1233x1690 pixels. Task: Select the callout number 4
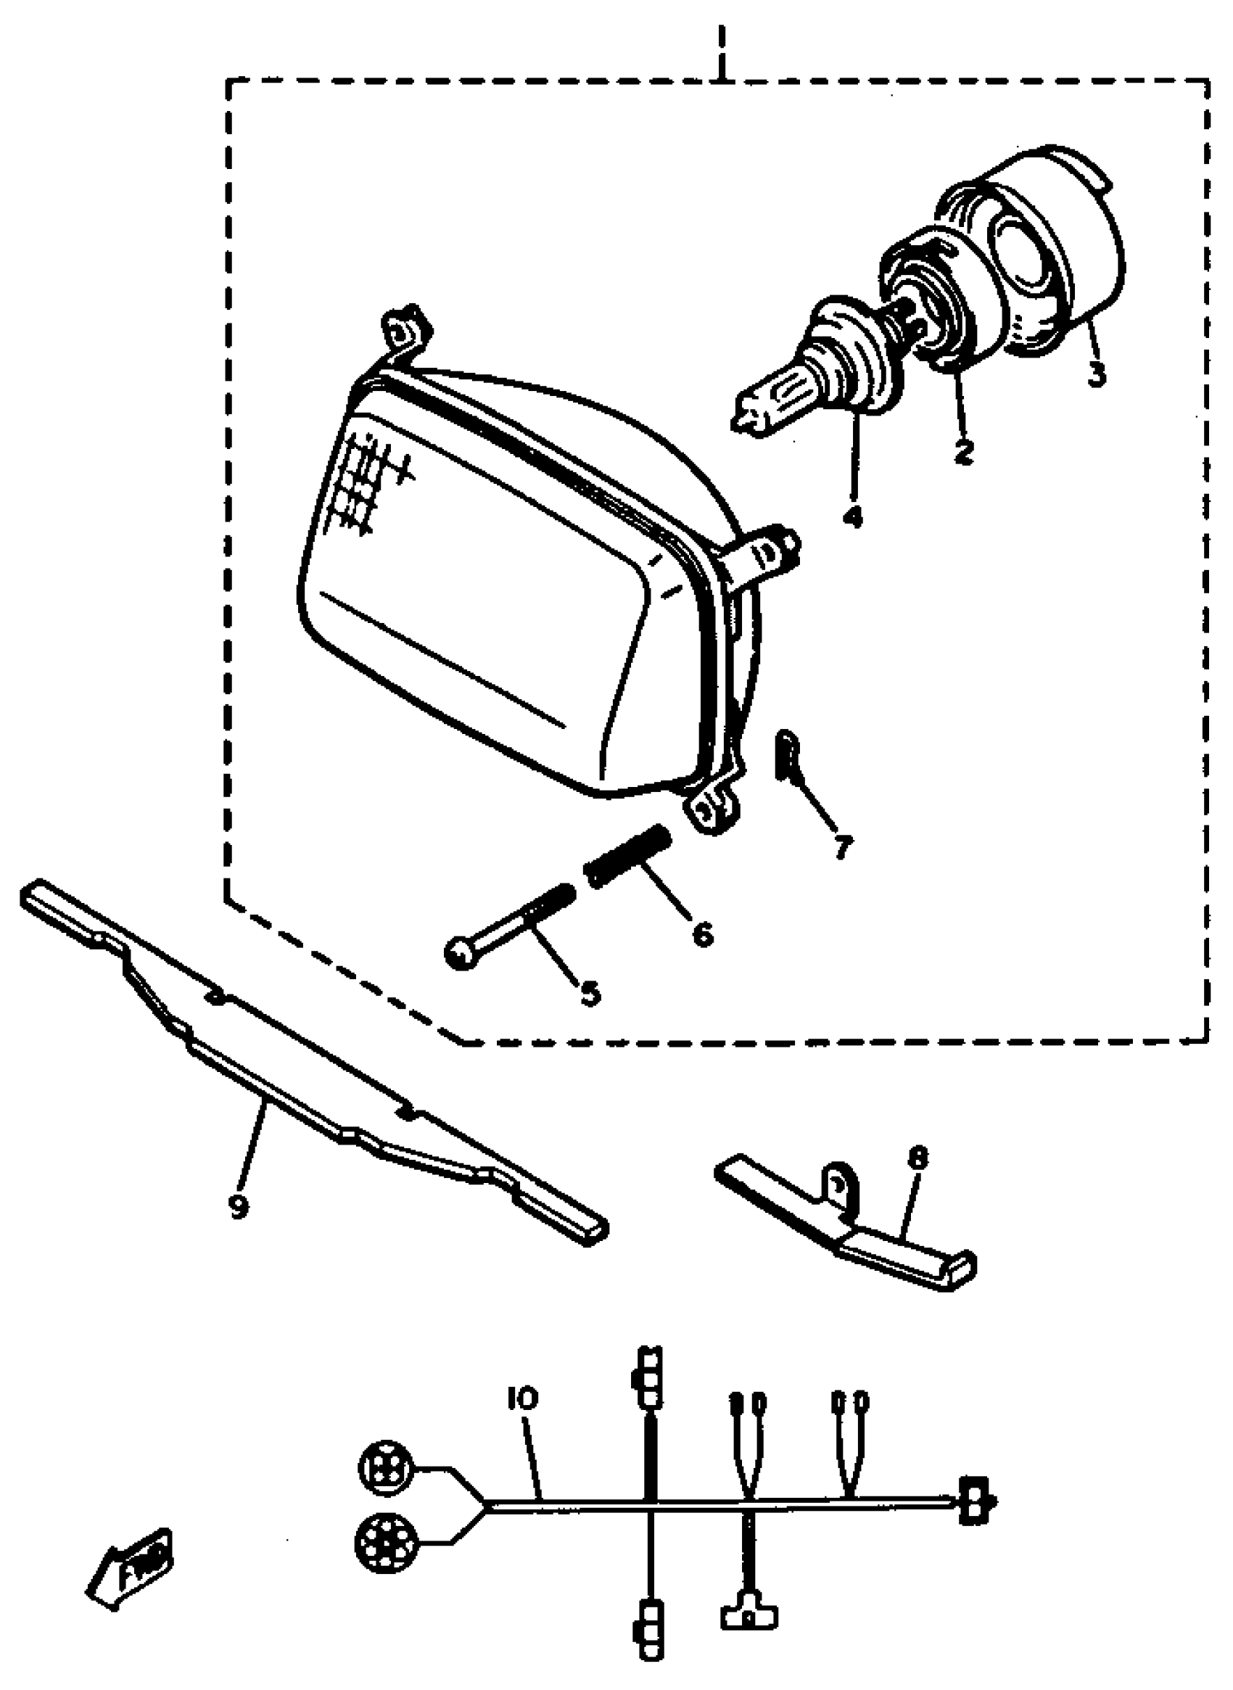(851, 516)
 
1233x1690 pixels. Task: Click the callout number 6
(701, 933)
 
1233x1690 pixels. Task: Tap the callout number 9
(238, 1206)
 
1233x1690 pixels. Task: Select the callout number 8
(918, 1159)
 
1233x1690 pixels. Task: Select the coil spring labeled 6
(628, 855)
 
